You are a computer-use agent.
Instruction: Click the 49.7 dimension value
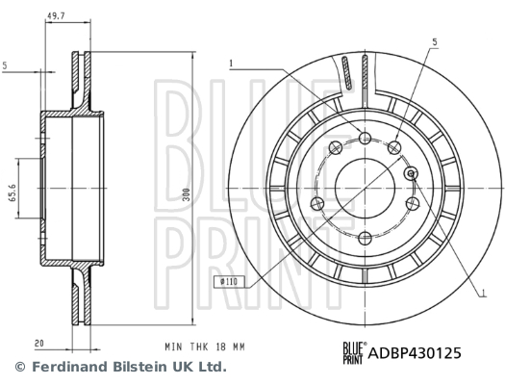point(56,16)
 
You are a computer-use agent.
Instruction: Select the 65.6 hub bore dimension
point(13,192)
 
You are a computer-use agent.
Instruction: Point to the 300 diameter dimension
point(187,194)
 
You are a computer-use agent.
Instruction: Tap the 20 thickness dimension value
point(39,344)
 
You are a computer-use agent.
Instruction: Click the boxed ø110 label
point(229,282)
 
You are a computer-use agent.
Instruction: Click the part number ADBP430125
point(415,353)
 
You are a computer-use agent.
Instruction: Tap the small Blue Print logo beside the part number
point(354,353)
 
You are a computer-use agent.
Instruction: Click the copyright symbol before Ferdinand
point(20,367)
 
